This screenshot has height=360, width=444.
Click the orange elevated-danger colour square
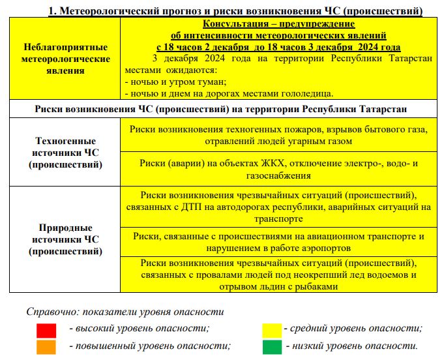[x=46, y=346]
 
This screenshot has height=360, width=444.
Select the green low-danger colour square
[x=271, y=346]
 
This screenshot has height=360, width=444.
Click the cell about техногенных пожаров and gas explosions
[x=278, y=135]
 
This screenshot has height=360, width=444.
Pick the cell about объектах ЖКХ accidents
[x=278, y=169]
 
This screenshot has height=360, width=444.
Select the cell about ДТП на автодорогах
[x=278, y=207]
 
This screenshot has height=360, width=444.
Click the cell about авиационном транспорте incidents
[x=278, y=241]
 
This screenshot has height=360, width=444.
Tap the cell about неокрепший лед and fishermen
[x=278, y=275]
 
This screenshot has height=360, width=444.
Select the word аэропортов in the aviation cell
[x=326, y=248]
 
